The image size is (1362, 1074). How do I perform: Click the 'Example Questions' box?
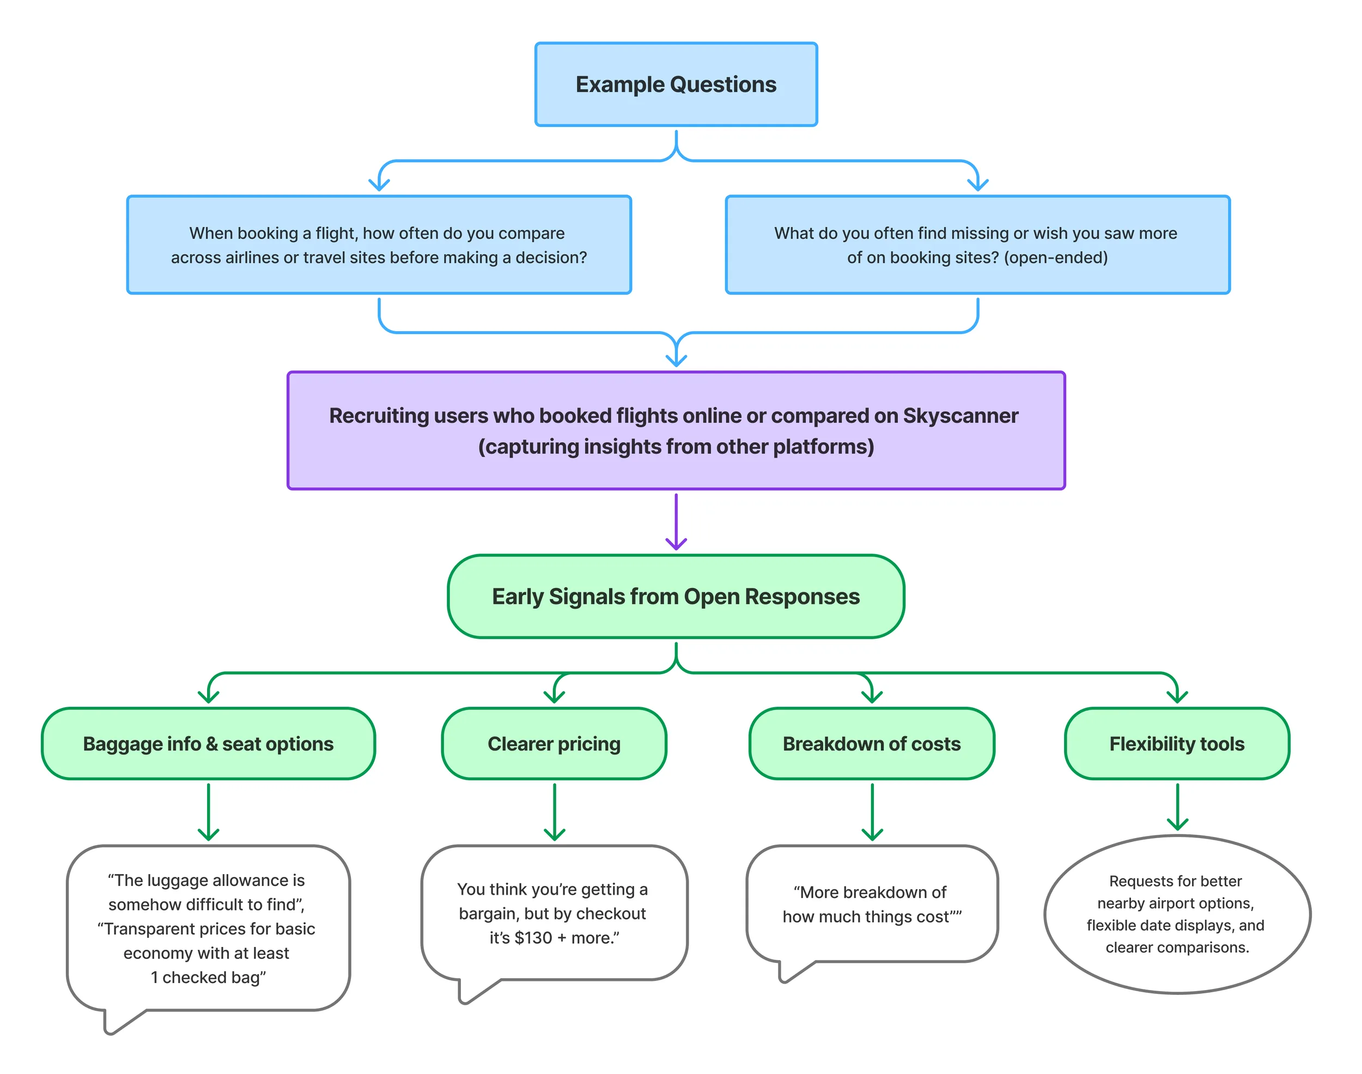(x=676, y=84)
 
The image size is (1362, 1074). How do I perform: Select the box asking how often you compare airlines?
(x=379, y=245)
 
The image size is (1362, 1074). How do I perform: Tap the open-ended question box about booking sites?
(x=977, y=245)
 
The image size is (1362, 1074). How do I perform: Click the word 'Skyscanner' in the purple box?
(x=960, y=416)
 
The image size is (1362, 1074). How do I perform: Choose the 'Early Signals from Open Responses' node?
(x=676, y=596)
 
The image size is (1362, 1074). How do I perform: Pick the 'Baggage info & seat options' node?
(x=208, y=743)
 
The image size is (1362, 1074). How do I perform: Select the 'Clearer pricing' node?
(x=554, y=743)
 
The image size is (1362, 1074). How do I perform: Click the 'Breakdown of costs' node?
(x=872, y=743)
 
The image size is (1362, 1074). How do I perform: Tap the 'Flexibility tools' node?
(x=1177, y=743)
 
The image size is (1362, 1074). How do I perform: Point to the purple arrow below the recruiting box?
(x=676, y=522)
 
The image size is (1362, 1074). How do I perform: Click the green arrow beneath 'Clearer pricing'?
(x=554, y=812)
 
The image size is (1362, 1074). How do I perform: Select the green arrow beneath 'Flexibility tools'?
(x=1177, y=807)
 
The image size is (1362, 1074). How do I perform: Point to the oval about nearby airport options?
(x=1177, y=914)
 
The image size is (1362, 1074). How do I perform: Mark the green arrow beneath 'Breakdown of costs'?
(x=872, y=812)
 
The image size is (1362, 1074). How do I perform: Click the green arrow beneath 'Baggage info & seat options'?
(x=208, y=812)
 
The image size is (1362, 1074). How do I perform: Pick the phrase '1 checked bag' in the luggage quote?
(x=208, y=977)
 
